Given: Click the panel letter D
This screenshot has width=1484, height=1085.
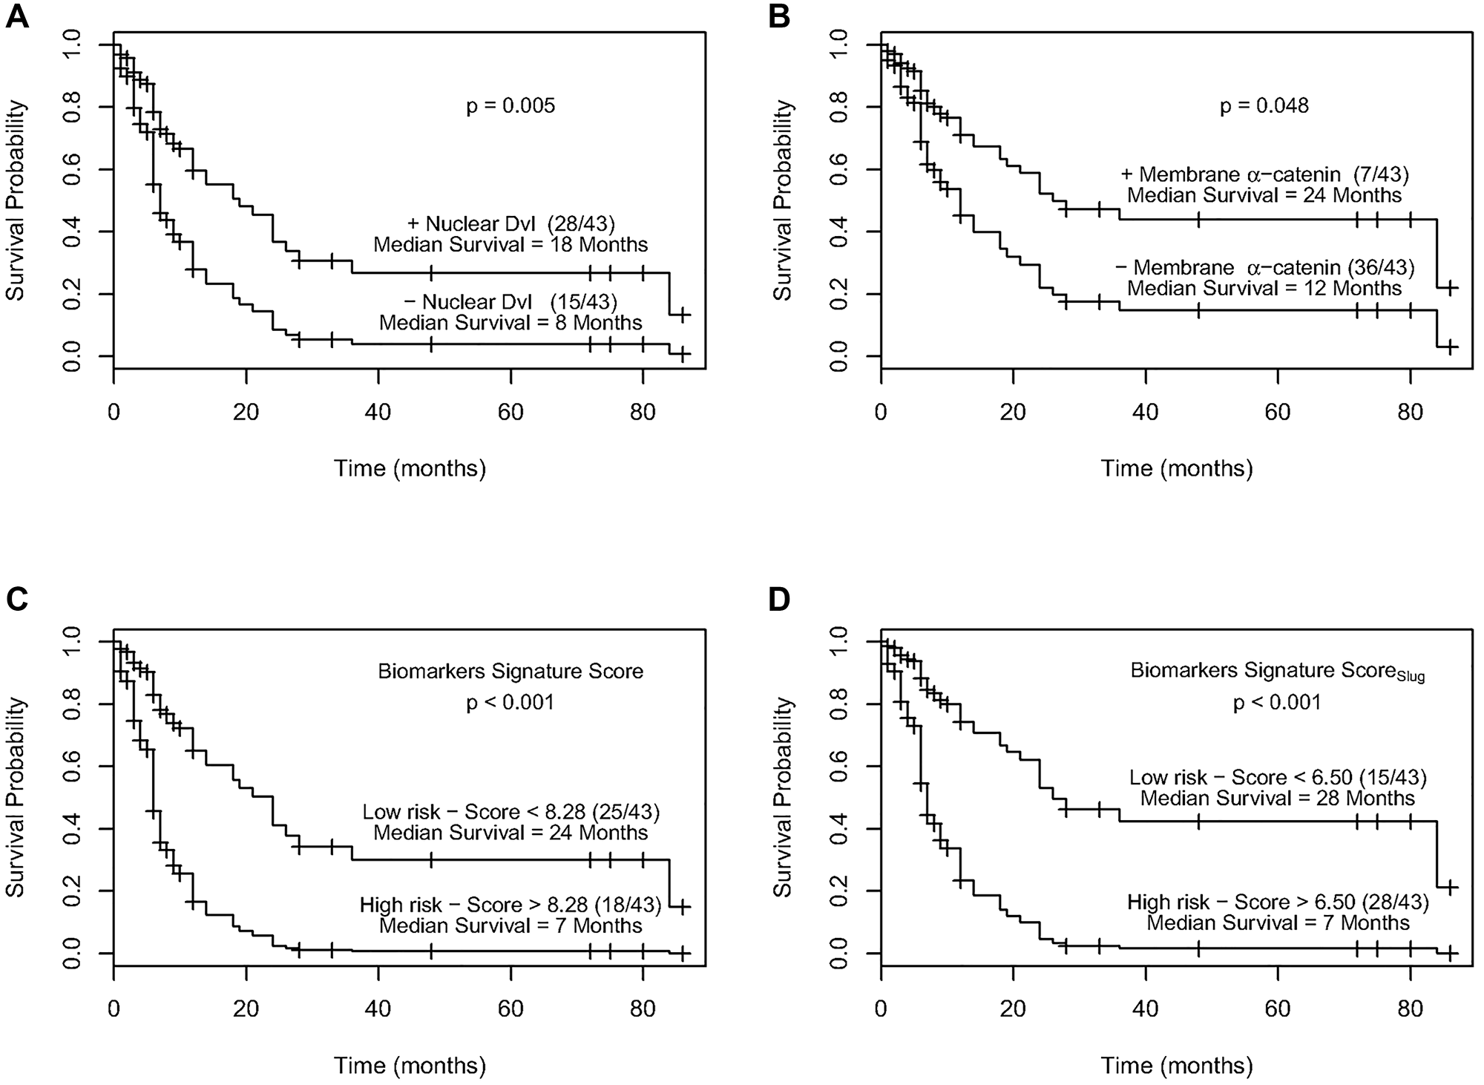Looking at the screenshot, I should [780, 599].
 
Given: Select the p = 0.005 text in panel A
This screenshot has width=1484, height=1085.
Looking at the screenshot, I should [510, 106].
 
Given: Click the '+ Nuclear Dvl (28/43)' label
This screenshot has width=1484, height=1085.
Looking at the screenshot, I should [511, 223].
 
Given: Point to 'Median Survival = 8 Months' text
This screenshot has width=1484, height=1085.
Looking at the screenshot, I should [510, 323].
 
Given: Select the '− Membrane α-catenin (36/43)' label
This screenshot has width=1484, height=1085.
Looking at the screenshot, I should [1264, 267].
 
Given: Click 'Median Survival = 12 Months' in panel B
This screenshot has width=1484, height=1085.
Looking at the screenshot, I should [1264, 289].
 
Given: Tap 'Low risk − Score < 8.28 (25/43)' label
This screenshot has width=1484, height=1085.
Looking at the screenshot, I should [511, 812].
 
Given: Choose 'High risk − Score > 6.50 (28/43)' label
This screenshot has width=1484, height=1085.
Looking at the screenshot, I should [1278, 902].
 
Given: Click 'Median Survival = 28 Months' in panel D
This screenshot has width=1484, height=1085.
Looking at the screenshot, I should [1278, 799].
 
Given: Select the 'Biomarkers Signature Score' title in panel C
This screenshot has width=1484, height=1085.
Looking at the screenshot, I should [510, 672].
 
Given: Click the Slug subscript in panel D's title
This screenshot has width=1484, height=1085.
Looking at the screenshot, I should [1411, 677].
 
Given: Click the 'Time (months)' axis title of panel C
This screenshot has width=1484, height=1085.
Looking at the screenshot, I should [410, 1066].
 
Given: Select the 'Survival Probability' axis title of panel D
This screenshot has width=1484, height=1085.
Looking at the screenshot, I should [783, 796].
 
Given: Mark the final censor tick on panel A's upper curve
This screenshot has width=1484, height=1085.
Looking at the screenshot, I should [683, 315].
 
